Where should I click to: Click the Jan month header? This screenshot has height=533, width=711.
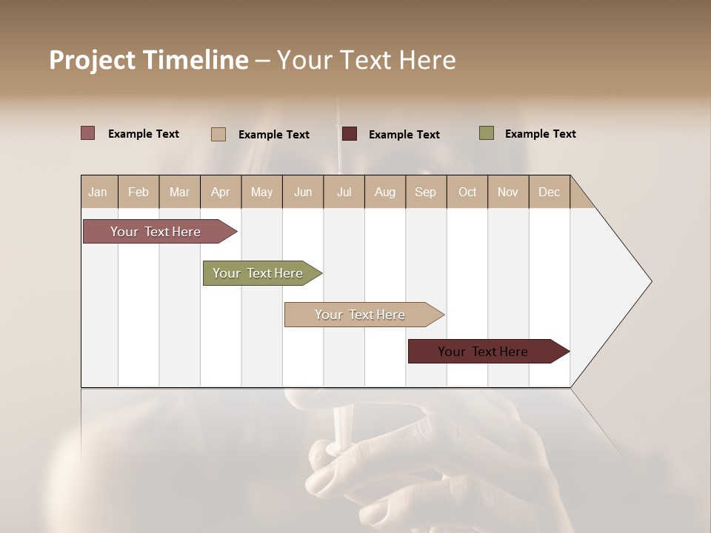(98, 192)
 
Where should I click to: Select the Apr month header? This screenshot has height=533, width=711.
(220, 192)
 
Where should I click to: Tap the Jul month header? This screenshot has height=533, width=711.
(344, 192)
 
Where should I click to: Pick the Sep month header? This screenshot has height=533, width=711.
(425, 192)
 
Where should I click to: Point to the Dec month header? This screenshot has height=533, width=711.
(549, 192)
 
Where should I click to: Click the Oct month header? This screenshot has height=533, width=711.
(467, 192)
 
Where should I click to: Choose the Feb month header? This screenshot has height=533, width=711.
(138, 192)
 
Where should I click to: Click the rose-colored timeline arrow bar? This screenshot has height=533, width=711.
(156, 232)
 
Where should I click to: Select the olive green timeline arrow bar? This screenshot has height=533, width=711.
(258, 273)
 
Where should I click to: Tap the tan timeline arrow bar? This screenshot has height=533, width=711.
(361, 315)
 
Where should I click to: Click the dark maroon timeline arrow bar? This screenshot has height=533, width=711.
(484, 352)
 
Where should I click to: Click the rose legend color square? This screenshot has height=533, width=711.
(87, 133)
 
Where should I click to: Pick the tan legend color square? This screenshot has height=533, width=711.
(218, 134)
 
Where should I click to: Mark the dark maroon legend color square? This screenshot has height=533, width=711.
(350, 134)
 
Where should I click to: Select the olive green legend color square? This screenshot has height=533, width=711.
(486, 133)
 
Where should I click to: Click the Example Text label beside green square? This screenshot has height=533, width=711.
(540, 134)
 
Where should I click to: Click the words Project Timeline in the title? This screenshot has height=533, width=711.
(148, 60)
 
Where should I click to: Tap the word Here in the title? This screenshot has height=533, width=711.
(427, 60)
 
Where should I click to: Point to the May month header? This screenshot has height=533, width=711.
(261, 192)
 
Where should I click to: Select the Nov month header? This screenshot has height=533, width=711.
(508, 192)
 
